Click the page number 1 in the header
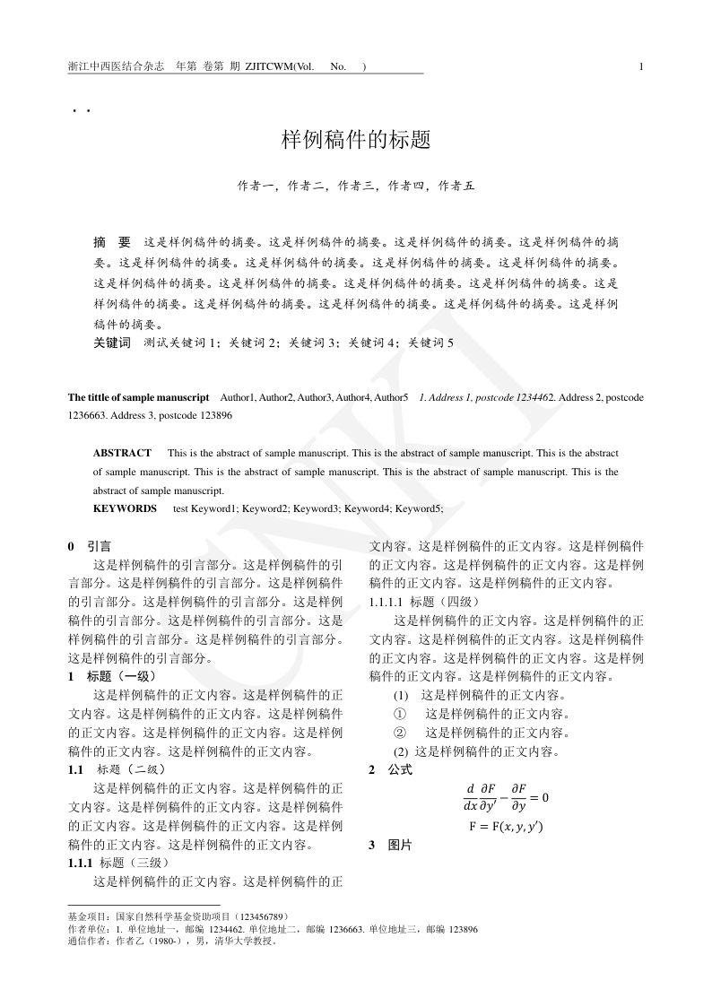pos(641,66)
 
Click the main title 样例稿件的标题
pos(356,140)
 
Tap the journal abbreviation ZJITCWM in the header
pos(269,66)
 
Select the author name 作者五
pos(456,187)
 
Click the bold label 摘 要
pos(112,242)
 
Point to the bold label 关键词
pos(112,343)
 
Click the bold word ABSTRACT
pos(122,453)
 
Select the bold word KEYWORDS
pos(125,508)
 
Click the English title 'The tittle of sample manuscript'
pos(138,396)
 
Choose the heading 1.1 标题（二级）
pos(117,769)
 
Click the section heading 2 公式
pos(390,769)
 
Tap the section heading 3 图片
pos(390,845)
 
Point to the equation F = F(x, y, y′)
pos(506,826)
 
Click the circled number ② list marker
pos(401,733)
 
